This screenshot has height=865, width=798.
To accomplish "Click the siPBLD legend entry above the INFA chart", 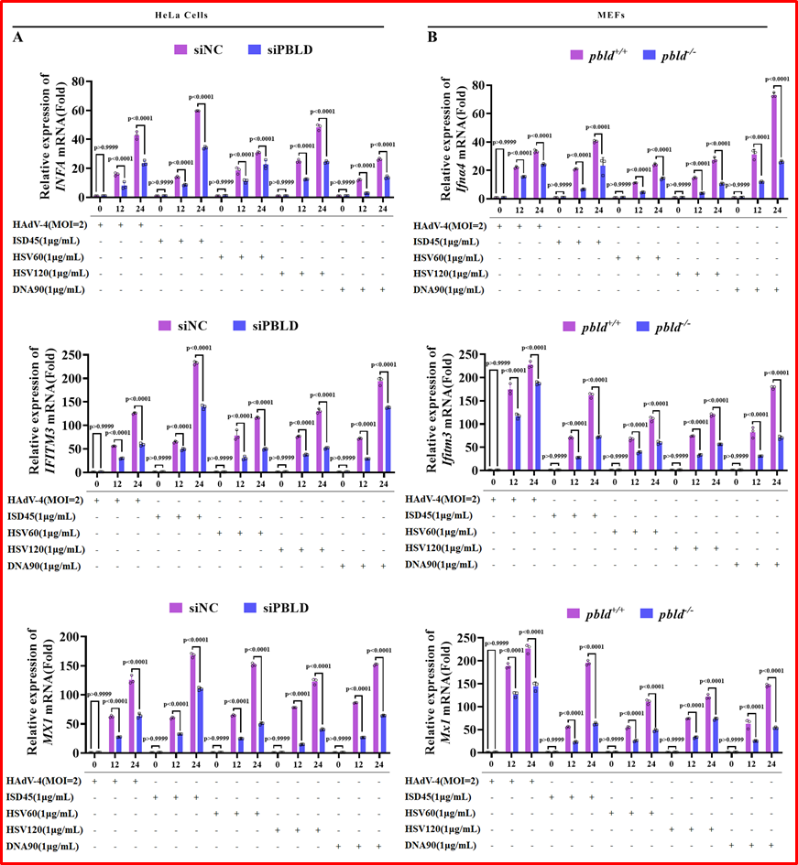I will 280,48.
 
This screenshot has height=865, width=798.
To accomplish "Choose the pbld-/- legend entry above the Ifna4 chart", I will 677,56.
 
